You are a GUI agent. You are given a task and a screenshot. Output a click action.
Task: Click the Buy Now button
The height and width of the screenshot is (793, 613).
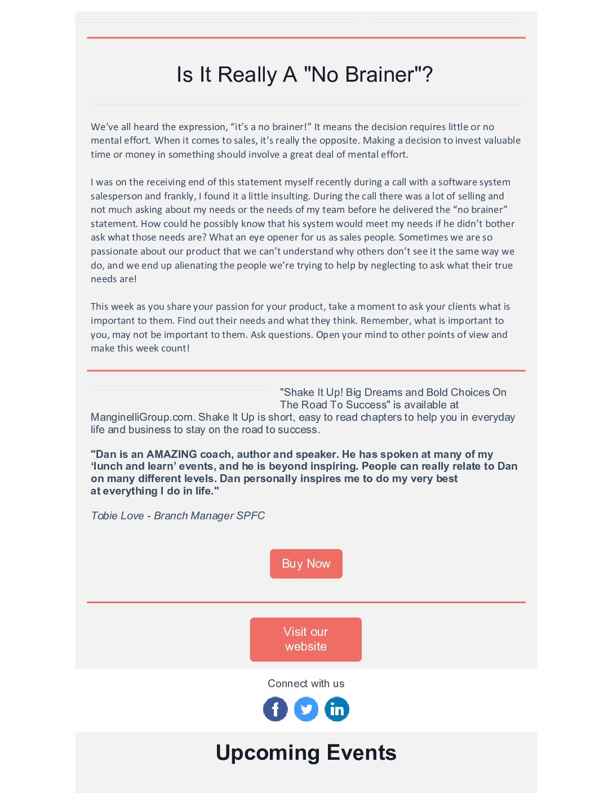pyautogui.click(x=306, y=564)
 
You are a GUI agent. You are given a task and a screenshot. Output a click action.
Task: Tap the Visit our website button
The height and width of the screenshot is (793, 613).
pyautogui.click(x=305, y=639)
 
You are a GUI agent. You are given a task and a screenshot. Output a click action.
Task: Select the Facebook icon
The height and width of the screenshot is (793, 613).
pyautogui.click(x=276, y=709)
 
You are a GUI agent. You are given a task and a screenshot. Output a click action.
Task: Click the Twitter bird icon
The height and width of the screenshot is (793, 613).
pyautogui.click(x=306, y=709)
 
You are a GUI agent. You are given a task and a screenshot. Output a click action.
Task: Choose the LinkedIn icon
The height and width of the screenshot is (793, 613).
pyautogui.click(x=337, y=709)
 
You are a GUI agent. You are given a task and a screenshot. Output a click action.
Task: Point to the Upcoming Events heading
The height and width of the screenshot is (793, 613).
pyautogui.click(x=306, y=753)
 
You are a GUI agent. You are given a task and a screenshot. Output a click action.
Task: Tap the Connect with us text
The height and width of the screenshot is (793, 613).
pyautogui.click(x=306, y=684)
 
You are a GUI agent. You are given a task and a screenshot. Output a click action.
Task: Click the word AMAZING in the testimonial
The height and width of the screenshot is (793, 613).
pyautogui.click(x=171, y=455)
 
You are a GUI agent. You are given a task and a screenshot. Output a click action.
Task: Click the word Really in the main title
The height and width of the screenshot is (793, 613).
pyautogui.click(x=247, y=74)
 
